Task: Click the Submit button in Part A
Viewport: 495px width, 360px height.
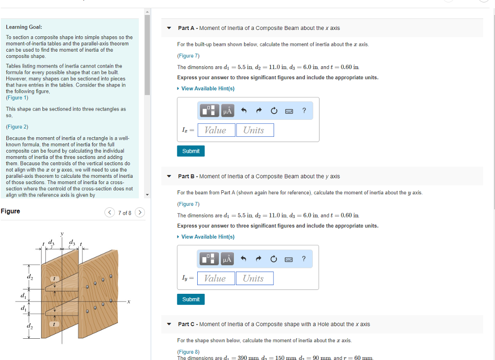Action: point(191,151)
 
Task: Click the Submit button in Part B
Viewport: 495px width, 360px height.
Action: point(191,300)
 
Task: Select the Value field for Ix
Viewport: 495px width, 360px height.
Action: point(216,130)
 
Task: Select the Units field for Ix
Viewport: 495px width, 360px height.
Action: point(254,130)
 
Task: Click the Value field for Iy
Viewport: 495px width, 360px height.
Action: point(216,278)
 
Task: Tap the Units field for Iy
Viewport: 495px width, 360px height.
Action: point(254,278)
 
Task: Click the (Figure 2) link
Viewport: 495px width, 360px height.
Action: point(17,127)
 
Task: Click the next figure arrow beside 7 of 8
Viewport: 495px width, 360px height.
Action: point(140,213)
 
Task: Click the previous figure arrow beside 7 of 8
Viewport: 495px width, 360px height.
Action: point(110,213)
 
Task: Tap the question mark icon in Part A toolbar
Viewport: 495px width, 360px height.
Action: point(304,111)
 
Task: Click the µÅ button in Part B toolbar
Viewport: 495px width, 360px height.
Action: point(227,259)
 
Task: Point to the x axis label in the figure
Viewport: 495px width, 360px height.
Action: point(129,302)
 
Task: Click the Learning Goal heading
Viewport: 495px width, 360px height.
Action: point(24,27)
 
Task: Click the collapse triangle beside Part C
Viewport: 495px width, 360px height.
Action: point(169,324)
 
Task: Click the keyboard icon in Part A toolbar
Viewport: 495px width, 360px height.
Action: point(289,111)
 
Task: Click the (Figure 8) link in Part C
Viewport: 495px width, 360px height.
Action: point(189,352)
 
